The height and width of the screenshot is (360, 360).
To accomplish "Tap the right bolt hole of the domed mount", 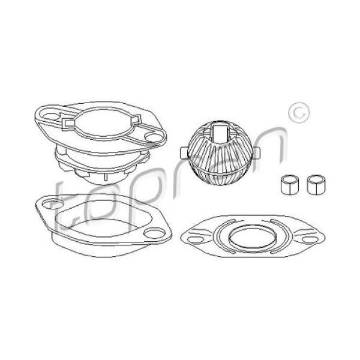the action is (x=152, y=137).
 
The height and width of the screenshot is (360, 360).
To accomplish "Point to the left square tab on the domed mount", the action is (x=68, y=123).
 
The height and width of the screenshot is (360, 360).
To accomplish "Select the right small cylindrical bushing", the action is (x=316, y=185).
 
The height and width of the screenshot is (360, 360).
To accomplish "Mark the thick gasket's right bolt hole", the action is (x=155, y=233).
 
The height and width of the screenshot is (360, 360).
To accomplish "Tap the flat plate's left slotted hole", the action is (x=196, y=239).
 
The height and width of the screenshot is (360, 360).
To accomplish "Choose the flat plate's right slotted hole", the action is (x=310, y=239).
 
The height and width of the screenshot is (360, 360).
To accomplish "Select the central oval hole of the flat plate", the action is (x=252, y=237).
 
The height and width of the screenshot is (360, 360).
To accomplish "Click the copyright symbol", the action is (x=299, y=113).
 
